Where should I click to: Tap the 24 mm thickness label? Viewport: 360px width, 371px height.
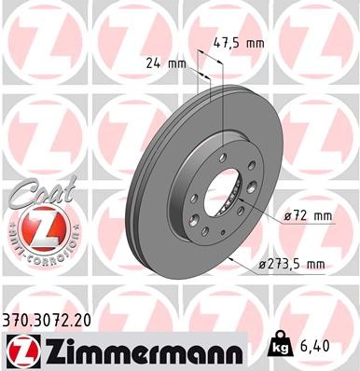[164, 64]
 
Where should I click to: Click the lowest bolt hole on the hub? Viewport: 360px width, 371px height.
[203, 231]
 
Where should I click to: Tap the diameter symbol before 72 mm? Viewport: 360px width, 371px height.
[288, 217]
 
